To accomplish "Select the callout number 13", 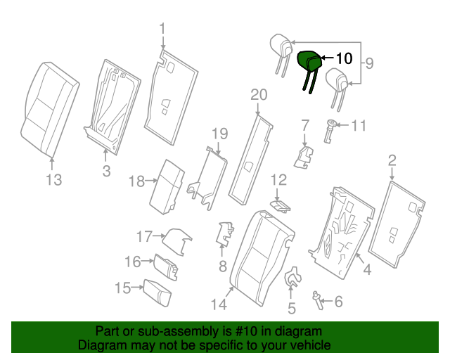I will click(54, 180).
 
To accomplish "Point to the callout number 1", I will click(162, 29).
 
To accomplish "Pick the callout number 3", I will click(105, 171).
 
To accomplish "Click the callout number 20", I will click(259, 95).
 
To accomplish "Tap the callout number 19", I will click(220, 133).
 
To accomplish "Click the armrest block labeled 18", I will click(167, 184).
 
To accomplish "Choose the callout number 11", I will click(359, 126).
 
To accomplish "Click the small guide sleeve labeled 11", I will click(329, 130).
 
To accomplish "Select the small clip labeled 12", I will click(281, 205).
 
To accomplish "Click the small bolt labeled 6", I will click(318, 301).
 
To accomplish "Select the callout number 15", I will click(122, 288).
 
